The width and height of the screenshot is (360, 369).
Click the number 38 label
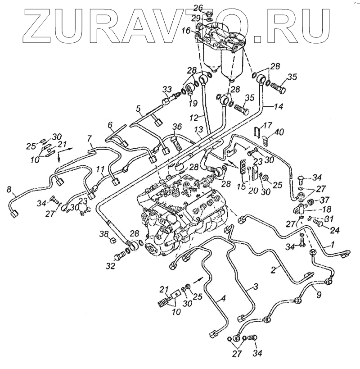(x=104, y=234)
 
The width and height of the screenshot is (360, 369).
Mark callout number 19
(x=193, y=104)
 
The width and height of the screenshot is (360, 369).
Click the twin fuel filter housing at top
(x=220, y=45)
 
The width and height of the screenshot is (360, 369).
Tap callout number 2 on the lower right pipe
(x=272, y=271)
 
